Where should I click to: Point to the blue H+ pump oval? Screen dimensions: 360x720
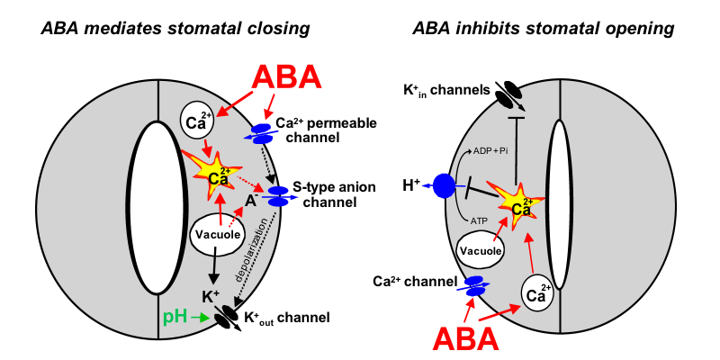pos(444,187)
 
